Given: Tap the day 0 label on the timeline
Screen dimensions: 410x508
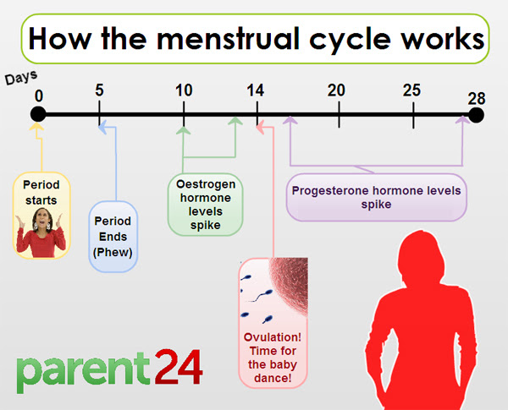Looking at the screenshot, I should (x=38, y=95).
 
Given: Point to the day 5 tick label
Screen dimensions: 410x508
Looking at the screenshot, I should (x=100, y=90).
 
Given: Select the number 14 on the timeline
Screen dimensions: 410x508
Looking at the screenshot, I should (x=257, y=90).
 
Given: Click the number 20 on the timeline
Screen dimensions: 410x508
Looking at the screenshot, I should (x=337, y=90).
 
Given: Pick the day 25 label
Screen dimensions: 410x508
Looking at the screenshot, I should (x=412, y=90).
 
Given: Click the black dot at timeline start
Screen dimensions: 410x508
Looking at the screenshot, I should (x=38, y=115).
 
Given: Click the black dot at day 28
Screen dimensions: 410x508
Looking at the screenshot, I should (x=477, y=115).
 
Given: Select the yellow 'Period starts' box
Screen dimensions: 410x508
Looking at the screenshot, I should (x=41, y=214).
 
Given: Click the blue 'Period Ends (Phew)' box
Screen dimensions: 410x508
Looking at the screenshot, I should (x=113, y=236).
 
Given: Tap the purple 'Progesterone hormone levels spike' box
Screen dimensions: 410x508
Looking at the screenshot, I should (x=376, y=197).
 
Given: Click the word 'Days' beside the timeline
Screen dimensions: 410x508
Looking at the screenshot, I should (x=22, y=78).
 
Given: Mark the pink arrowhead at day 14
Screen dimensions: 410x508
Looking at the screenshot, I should (x=260, y=128).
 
